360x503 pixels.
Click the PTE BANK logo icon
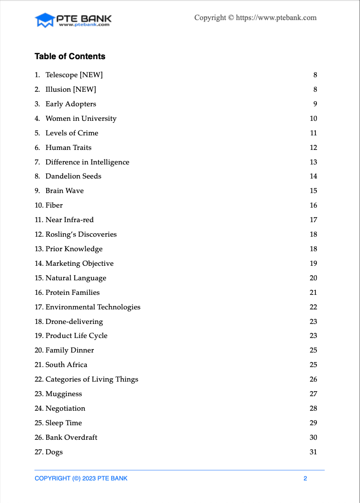(45, 20)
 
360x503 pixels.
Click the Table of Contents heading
(70, 56)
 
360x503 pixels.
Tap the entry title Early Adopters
(71, 104)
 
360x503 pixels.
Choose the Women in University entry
(81, 118)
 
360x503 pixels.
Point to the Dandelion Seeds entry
(73, 176)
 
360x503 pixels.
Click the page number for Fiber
(313, 205)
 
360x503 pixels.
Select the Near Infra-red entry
(69, 220)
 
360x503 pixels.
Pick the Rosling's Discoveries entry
(81, 234)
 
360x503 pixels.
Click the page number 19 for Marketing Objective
(313, 263)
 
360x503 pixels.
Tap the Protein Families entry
(72, 292)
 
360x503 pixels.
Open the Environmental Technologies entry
(93, 307)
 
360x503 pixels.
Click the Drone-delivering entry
(74, 321)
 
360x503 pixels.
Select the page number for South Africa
(313, 365)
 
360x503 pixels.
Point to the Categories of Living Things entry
(92, 379)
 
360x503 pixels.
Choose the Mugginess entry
(64, 394)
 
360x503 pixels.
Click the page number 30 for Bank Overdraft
(313, 437)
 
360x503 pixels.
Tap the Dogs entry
(54, 452)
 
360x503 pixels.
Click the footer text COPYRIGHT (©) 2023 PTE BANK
(81, 478)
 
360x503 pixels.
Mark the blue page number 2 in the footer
(305, 478)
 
